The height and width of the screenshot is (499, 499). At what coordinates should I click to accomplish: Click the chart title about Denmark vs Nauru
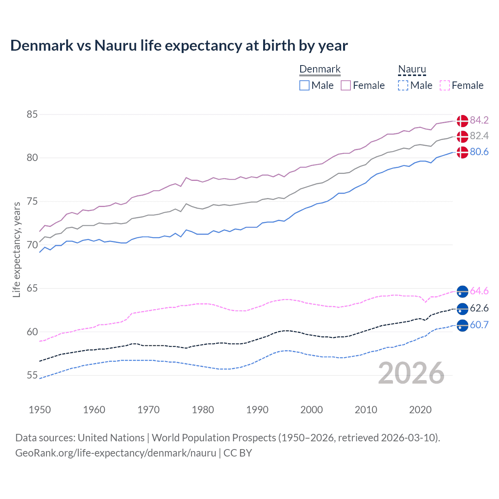(179, 46)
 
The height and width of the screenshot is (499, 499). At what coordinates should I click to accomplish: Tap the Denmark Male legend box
(304, 85)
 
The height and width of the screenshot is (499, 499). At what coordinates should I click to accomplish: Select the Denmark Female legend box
(346, 85)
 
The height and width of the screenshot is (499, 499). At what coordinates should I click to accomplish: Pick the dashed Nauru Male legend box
(403, 85)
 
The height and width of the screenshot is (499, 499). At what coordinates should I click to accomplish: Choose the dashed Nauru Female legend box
(445, 85)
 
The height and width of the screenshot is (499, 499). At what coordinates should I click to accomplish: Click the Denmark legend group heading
(320, 69)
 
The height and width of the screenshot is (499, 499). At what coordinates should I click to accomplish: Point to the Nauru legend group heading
(412, 69)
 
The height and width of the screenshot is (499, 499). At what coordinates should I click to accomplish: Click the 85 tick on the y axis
(32, 115)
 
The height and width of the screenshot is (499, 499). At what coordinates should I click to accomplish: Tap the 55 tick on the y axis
(32, 375)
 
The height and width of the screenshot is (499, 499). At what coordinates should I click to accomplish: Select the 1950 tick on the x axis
(40, 410)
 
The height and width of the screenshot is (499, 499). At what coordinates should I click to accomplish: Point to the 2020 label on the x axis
(420, 410)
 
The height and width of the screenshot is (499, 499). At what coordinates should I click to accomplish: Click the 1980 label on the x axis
(203, 410)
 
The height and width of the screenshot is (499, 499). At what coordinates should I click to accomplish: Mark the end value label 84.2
(479, 120)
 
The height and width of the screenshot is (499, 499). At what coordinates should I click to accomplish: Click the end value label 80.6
(479, 152)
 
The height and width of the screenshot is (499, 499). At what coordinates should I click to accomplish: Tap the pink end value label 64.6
(479, 291)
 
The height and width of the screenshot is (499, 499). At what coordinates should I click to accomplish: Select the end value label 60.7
(479, 325)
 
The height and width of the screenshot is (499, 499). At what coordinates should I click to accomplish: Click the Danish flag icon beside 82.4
(462, 136)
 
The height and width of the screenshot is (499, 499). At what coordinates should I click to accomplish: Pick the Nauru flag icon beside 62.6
(462, 309)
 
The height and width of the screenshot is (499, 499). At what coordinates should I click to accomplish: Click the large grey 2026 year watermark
(411, 373)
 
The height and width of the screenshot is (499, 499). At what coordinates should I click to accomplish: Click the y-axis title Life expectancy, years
(16, 249)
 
